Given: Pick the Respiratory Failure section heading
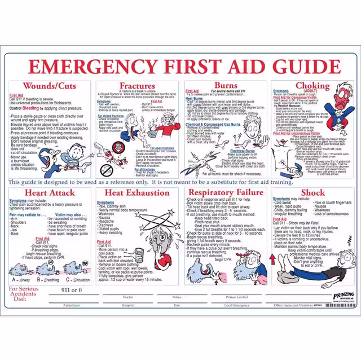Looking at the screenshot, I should click(226, 193).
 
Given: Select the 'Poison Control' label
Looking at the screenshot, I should click(237, 297).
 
